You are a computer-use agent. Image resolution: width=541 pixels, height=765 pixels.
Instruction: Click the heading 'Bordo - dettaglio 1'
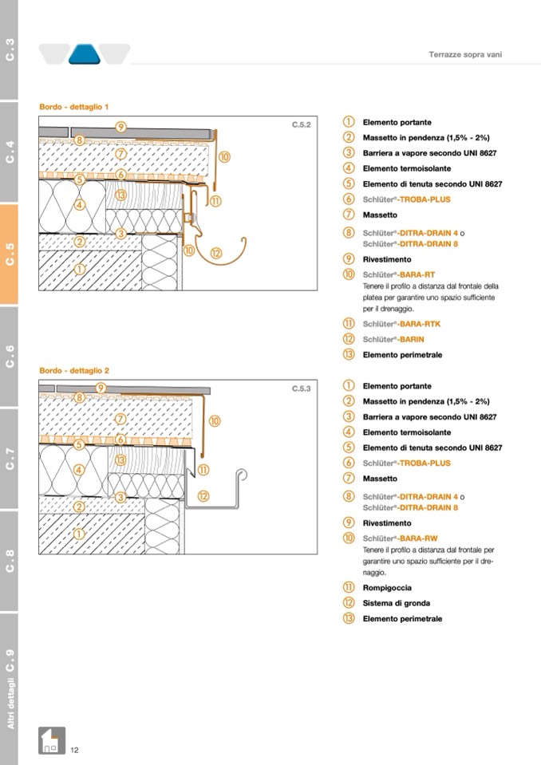click(x=74, y=106)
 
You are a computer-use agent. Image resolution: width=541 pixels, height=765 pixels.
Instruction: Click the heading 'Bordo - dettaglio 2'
click(x=74, y=370)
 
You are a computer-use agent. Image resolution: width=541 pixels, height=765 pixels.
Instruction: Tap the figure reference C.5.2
click(x=301, y=124)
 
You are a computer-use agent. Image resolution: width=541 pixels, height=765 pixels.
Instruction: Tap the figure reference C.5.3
click(x=301, y=388)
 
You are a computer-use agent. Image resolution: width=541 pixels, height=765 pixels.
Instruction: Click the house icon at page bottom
click(x=51, y=741)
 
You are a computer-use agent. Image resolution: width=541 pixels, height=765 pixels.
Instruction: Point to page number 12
click(x=74, y=750)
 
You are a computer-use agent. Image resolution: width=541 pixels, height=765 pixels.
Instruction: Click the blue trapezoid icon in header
click(x=83, y=53)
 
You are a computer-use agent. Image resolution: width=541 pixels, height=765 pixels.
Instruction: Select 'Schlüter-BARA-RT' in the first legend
click(x=400, y=274)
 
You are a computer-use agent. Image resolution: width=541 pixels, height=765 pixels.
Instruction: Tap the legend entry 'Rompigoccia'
click(x=388, y=587)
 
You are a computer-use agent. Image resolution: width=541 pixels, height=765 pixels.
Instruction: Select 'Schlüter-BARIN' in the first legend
click(x=395, y=339)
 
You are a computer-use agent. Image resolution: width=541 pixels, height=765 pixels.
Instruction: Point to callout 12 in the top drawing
click(x=216, y=253)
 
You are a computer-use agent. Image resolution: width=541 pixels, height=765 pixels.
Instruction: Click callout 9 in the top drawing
click(x=120, y=126)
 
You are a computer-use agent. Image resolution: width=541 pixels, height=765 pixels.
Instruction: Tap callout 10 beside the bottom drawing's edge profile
click(x=215, y=420)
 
